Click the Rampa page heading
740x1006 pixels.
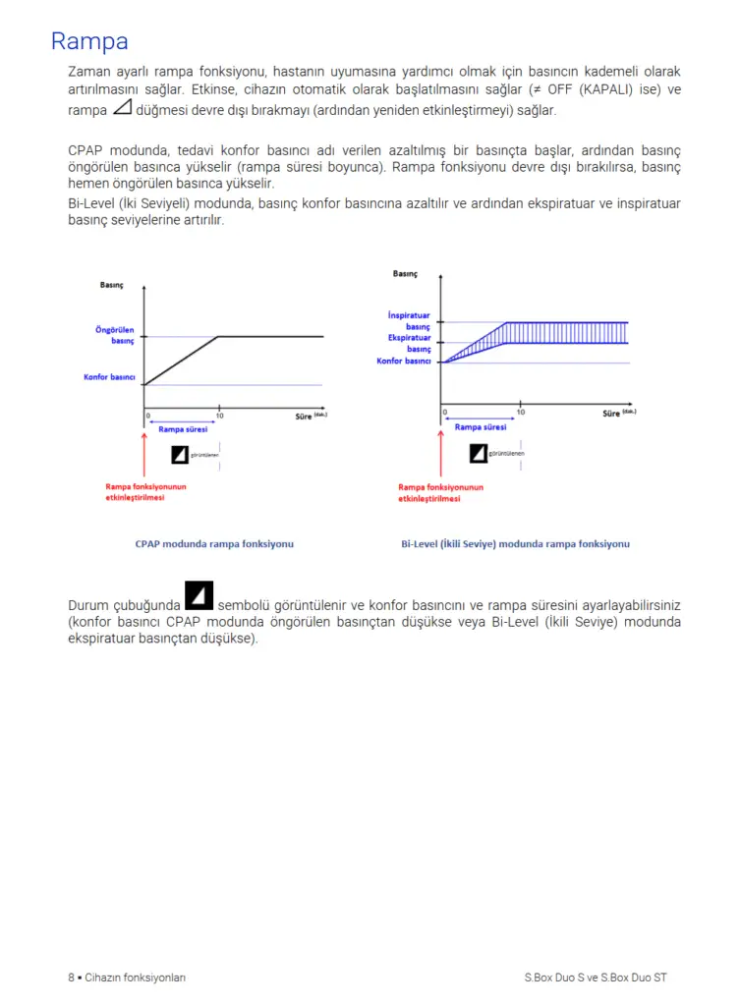pos(89,42)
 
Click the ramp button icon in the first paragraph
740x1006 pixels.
pos(122,108)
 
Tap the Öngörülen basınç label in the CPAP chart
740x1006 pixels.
pos(114,335)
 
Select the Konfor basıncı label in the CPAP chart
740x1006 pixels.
pos(109,377)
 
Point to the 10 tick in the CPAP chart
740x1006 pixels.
pos(219,416)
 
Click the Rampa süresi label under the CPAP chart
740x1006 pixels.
pos(182,429)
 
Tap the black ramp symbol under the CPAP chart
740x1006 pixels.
pos(180,454)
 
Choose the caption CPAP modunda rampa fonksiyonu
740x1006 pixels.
pos(214,543)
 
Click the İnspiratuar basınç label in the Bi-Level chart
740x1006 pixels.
pos(409,320)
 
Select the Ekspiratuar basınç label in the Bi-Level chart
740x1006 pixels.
pos(409,343)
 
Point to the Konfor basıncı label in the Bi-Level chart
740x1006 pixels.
pos(404,362)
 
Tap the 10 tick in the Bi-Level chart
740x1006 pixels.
pos(520,412)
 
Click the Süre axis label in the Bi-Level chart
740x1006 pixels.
pos(618,414)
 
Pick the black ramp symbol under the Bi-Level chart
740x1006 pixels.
pos(479,453)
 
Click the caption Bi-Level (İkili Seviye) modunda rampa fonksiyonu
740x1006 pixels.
pos(515,543)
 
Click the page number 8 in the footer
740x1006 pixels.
pos(71,978)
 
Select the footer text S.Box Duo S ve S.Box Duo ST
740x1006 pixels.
pos(596,978)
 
